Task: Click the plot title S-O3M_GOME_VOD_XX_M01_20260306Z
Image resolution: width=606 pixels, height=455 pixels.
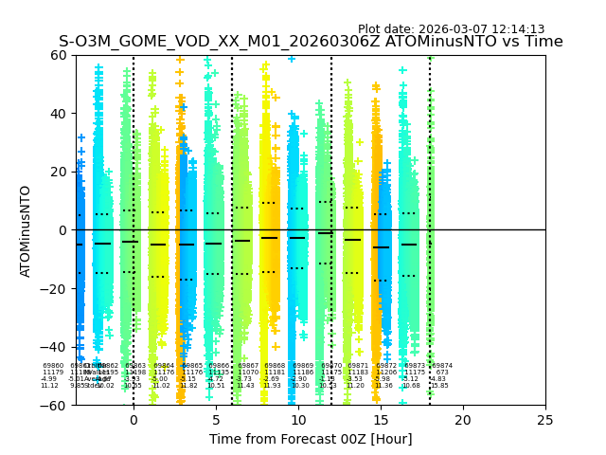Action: click(311, 42)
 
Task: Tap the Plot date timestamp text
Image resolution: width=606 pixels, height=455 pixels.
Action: click(451, 29)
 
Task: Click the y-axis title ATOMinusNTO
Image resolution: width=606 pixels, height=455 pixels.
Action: click(26, 230)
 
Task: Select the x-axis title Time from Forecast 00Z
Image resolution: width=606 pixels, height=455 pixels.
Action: click(311, 439)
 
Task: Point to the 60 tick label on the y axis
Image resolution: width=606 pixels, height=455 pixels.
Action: click(59, 55)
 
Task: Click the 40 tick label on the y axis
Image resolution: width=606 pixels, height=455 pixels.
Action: click(59, 114)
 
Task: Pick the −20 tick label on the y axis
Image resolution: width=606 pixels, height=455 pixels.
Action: click(55, 289)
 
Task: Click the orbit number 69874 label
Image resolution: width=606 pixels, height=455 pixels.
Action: click(442, 366)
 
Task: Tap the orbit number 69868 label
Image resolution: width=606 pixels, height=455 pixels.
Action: click(275, 366)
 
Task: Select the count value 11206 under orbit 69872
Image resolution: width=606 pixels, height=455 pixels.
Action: click(386, 373)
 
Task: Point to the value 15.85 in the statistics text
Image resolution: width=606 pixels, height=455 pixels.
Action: click(440, 386)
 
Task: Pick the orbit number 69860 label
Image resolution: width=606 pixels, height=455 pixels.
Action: click(54, 366)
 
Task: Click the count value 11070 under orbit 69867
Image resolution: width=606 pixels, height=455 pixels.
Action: click(248, 373)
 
